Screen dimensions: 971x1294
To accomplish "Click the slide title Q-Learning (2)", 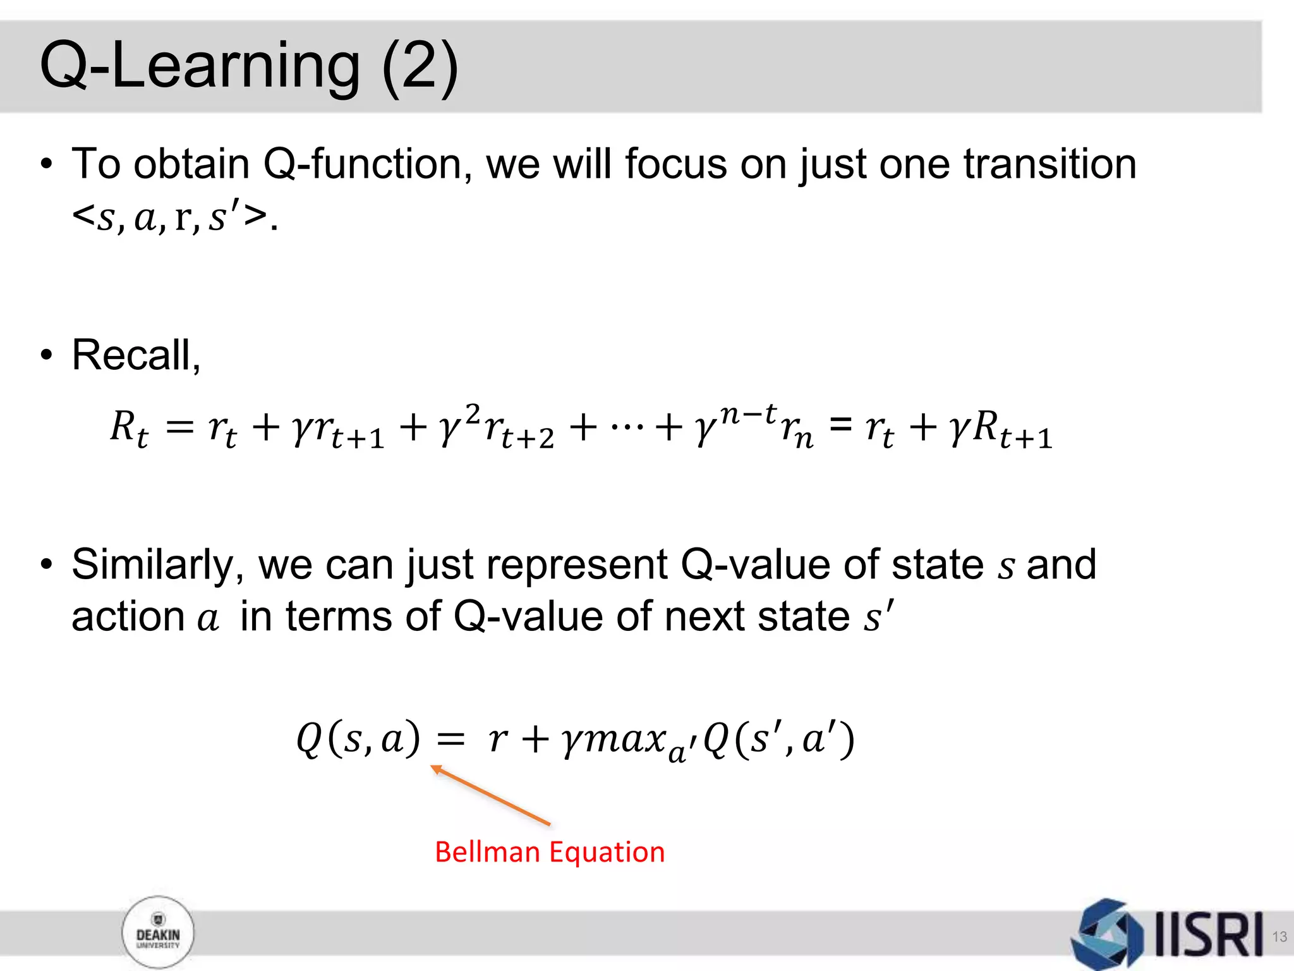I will click(x=248, y=66).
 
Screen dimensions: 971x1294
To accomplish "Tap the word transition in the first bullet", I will click(x=1049, y=164).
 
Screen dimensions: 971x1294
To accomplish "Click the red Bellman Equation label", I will click(x=550, y=852).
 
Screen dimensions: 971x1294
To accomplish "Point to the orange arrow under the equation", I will click(x=490, y=795).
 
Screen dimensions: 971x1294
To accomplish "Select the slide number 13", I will click(x=1279, y=936).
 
